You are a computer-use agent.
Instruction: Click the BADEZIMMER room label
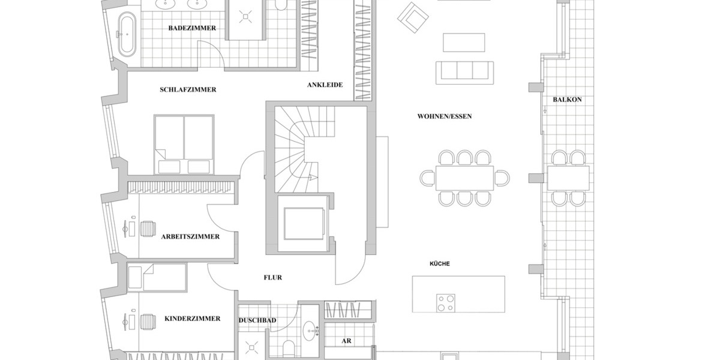[x=192, y=28]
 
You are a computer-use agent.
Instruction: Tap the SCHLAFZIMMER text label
[x=188, y=90]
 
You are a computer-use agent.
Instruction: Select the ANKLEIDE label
[x=325, y=85]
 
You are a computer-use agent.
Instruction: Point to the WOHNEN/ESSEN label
[x=445, y=116]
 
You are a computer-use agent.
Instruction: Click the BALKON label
[x=563, y=100]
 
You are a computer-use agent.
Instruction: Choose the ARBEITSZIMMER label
[x=190, y=237]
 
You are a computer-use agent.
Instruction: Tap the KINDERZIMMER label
[x=192, y=319]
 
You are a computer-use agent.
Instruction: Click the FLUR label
[x=272, y=278]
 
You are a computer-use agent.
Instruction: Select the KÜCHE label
[x=439, y=264]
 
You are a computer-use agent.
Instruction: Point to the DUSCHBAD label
[x=257, y=321]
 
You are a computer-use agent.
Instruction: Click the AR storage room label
[x=346, y=341]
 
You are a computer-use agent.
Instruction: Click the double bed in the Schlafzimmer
[x=184, y=145]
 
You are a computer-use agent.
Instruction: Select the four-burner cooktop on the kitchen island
[x=445, y=303]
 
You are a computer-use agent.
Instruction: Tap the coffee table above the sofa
[x=464, y=43]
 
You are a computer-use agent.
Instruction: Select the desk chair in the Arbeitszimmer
[x=148, y=229]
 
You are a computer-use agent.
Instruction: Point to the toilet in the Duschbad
[x=287, y=347]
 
